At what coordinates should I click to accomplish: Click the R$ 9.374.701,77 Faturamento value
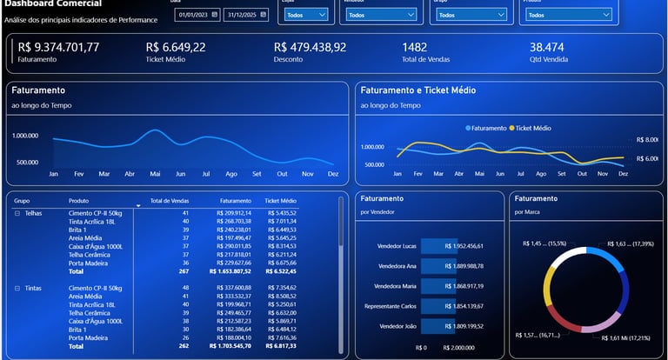[58, 47]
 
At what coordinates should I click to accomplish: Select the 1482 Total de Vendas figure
[414, 47]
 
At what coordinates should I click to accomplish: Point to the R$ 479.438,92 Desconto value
[310, 47]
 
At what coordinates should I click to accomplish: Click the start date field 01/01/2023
[193, 15]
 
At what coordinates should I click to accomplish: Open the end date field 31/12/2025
[241, 15]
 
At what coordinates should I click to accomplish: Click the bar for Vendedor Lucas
[432, 246]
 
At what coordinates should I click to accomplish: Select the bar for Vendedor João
[432, 326]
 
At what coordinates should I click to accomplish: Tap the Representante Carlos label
[388, 306]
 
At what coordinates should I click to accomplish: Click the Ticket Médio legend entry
[533, 128]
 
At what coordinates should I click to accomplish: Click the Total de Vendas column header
[170, 200]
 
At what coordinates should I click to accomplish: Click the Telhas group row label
[33, 212]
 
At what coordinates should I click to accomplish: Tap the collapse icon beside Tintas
[17, 287]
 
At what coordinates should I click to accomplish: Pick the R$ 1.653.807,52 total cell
[230, 270]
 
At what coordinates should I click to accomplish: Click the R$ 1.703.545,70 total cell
[230, 346]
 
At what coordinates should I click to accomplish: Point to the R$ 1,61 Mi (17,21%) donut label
[618, 338]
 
